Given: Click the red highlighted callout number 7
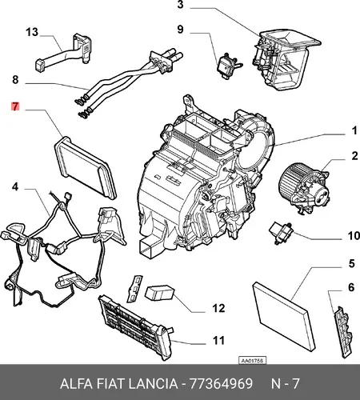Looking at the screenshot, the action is pos(15,106).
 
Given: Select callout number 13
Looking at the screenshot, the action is pos(32,32).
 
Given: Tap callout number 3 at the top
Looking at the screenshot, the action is pos(181,5).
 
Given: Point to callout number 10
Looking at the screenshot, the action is pos(354,236).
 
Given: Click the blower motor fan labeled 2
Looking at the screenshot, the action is pos(303,189).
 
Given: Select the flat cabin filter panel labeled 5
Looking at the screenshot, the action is pos(284,316).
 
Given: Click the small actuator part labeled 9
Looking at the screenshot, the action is pos(229,66).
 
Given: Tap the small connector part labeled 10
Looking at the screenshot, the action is pos(282,232).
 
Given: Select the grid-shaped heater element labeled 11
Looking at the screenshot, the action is pos(136,327).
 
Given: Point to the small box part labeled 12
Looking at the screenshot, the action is pos(159,293).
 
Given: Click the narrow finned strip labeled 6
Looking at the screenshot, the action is pos(342,332).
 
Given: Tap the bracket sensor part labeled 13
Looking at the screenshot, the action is pos(64,52).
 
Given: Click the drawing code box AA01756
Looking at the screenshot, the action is pos(252,361).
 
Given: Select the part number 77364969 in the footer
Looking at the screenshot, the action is pos(221,384).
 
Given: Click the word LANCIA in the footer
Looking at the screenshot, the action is pos(153,384).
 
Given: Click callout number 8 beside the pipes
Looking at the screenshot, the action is pos(15,79).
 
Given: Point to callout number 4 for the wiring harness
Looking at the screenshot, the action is pos(15,186).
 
